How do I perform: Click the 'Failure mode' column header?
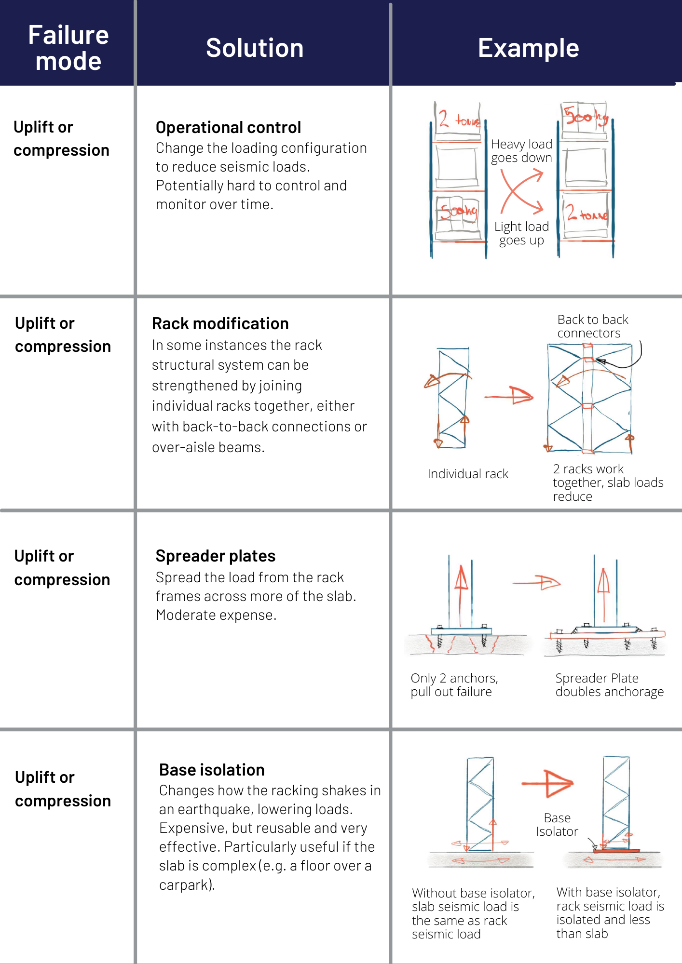point(68,48)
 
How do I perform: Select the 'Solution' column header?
point(255,48)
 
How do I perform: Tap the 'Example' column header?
point(528,48)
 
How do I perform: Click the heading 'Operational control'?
point(228,128)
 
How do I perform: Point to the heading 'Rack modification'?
point(220,324)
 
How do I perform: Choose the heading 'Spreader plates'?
point(215,556)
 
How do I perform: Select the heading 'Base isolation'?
point(212,770)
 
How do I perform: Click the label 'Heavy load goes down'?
point(521,151)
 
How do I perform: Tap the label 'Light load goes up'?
point(521,233)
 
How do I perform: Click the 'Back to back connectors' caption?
point(592,326)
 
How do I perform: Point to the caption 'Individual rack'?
point(468,474)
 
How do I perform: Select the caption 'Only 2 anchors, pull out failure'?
point(454,685)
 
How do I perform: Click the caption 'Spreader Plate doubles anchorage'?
point(609,685)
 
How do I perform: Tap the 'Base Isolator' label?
point(557,825)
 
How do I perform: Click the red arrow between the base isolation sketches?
point(548,784)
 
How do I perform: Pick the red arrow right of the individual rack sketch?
point(509,396)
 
